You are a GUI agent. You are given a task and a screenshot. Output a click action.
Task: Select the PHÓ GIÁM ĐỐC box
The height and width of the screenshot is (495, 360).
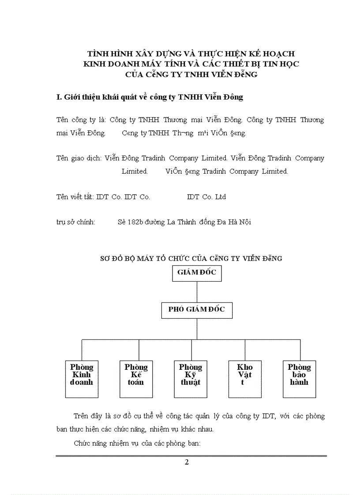coord(196,310)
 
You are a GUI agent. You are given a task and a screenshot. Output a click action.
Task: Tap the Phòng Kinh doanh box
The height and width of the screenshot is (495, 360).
coord(82,379)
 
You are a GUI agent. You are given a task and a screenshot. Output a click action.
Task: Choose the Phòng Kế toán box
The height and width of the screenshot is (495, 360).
coord(136,379)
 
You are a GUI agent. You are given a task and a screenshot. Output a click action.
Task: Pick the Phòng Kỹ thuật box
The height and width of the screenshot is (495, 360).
coord(191,379)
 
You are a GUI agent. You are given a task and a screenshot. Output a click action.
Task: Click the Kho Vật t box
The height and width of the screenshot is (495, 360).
coord(245,379)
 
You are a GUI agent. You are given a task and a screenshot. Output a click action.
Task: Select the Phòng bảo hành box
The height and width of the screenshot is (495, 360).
coord(299,379)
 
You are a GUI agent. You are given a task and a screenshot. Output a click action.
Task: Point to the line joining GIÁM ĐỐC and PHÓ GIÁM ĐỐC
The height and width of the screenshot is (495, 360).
coord(197,291)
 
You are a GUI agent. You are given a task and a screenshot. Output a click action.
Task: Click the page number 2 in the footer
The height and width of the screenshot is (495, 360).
coord(187,462)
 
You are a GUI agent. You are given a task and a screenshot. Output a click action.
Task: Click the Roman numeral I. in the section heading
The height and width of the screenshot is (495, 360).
coord(59,97)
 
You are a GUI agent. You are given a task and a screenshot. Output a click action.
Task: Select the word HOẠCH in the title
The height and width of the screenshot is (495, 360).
coord(278,54)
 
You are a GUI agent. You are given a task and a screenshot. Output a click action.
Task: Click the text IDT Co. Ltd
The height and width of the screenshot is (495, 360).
coord(206,197)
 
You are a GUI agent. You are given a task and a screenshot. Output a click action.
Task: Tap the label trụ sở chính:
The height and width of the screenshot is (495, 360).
coord(76,222)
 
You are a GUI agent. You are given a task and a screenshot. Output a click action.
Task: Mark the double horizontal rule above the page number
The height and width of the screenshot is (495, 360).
coord(191,456)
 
